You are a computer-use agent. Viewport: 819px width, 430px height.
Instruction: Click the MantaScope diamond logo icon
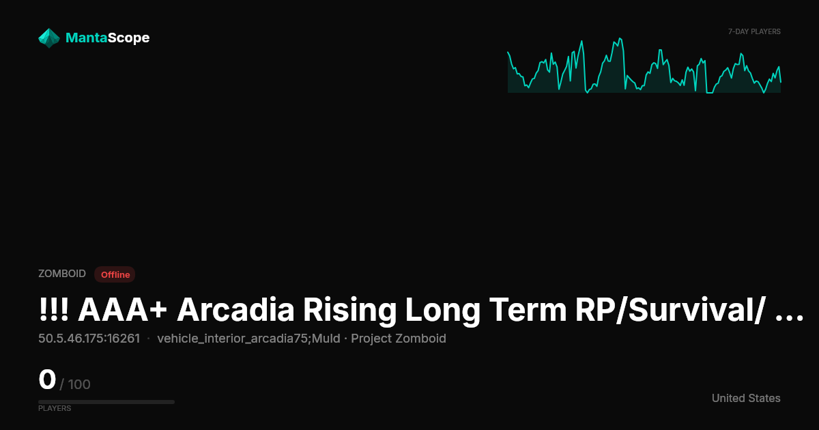[49, 38]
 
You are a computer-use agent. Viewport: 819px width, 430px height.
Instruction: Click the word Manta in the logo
[86, 38]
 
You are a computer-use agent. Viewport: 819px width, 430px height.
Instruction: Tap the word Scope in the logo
[128, 38]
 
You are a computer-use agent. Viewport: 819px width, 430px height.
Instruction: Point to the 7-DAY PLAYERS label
[754, 32]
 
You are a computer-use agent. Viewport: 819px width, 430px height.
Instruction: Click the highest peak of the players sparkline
[620, 38]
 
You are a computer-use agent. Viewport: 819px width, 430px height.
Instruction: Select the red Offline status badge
[115, 274]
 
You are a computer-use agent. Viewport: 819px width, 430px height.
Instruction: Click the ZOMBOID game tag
[62, 274]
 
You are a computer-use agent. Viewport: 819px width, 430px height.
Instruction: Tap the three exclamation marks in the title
[54, 310]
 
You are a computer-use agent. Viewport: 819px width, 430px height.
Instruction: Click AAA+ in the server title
[122, 310]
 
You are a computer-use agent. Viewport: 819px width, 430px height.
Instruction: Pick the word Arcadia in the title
[235, 310]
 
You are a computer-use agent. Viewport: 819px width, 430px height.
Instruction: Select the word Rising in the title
[350, 311]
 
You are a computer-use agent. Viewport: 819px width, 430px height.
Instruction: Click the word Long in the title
[442, 311]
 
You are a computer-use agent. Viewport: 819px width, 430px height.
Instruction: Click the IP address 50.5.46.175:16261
[89, 339]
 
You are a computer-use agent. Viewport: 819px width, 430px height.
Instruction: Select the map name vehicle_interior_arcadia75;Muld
[248, 339]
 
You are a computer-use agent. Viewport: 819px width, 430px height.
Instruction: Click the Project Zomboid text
[399, 339]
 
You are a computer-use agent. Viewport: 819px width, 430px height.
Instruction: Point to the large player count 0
[47, 379]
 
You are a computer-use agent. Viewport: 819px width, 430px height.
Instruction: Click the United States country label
[746, 398]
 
